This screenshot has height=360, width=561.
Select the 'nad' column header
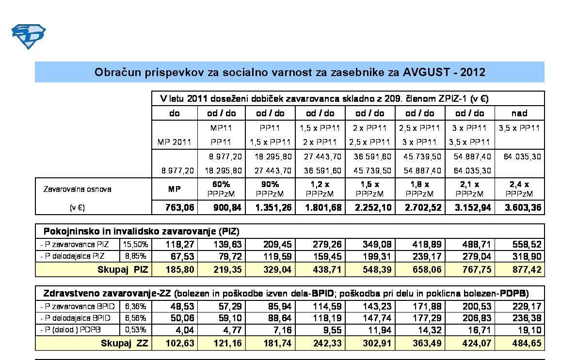[519, 113]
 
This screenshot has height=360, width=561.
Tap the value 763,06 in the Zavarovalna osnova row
[175, 208]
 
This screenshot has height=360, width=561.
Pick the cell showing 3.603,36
[519, 208]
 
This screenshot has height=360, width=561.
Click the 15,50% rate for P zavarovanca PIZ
[136, 244]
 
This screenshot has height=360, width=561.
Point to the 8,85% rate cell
[136, 256]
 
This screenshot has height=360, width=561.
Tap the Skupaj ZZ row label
[125, 344]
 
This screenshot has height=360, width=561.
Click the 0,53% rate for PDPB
[136, 330]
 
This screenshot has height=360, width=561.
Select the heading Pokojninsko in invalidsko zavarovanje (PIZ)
[142, 231]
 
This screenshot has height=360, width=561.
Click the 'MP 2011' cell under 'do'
[175, 142]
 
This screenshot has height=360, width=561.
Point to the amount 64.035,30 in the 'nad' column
[519, 157]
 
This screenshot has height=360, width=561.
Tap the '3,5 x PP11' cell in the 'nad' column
[519, 128]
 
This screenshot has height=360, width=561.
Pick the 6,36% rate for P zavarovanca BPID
[136, 306]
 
